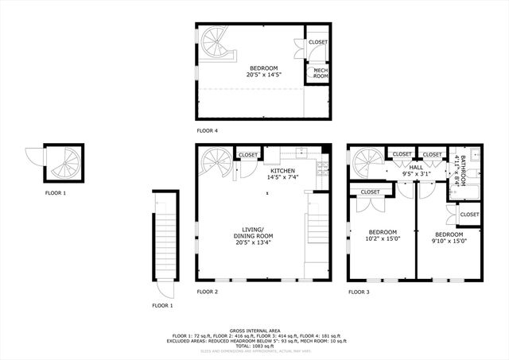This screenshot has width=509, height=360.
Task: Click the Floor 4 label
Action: (208, 130)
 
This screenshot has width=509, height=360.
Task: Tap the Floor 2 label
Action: (208, 292)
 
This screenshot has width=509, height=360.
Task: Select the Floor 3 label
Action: (359, 292)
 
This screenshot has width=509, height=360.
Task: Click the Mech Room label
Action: (321, 73)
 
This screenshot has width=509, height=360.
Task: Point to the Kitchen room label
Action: (282, 171)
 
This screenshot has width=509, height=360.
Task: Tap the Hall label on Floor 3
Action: (416, 168)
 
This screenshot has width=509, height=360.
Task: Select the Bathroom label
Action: (459, 169)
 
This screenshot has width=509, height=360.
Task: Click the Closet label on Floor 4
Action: (318, 42)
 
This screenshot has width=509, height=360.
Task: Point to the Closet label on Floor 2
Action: (248, 155)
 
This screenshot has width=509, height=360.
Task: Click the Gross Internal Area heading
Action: (253, 329)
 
